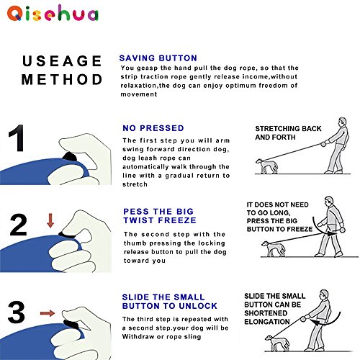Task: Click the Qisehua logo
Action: pyautogui.click(x=53, y=14)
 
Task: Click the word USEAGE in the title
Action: pyautogui.click(x=62, y=61)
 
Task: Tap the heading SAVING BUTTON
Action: pyautogui.click(x=158, y=58)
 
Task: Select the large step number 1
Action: pyautogui.click(x=17, y=138)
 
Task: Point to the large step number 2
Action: pyautogui.click(x=18, y=225)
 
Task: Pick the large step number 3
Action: pyautogui.click(x=17, y=312)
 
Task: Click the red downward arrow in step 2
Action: pyautogui.click(x=50, y=220)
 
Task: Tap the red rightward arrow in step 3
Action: pyautogui.click(x=48, y=313)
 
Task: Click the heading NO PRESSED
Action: pyautogui.click(x=153, y=128)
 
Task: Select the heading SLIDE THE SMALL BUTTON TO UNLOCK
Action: pyautogui.click(x=170, y=302)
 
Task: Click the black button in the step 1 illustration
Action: pyautogui.click(x=69, y=156)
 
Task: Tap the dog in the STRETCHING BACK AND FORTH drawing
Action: pyautogui.click(x=266, y=166)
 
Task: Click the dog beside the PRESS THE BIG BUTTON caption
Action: pyautogui.click(x=274, y=249)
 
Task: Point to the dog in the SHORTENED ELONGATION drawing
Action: pyautogui.click(x=276, y=343)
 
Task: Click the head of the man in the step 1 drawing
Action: pyautogui.click(x=342, y=122)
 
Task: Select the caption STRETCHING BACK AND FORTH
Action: pyautogui.click(x=288, y=132)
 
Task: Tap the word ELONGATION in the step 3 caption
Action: pyautogui.click(x=267, y=322)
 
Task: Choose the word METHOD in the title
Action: pyautogui.click(x=62, y=79)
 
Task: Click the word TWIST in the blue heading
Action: pyautogui.click(x=138, y=220)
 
